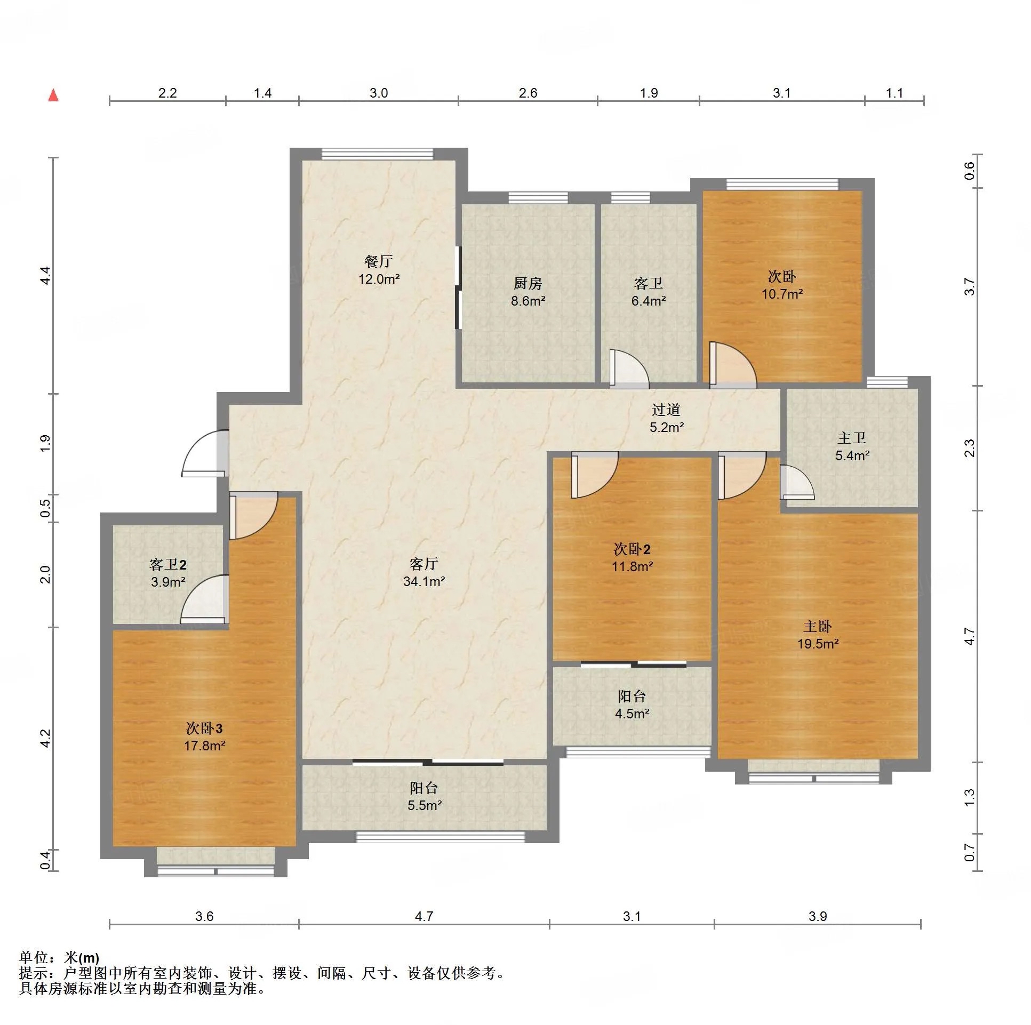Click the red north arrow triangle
pos(53,95)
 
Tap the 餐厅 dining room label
pos(378,261)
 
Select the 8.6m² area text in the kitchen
pos(528,301)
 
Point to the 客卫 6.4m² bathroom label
pos(649,292)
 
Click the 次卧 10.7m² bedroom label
pos(782,285)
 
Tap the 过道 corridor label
pos(666,410)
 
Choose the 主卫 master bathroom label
pos(852,438)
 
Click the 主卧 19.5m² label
pos(818,635)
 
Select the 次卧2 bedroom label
pos(632,549)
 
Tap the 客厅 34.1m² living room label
pos(424,573)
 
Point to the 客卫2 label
pos(167,565)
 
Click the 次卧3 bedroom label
pos(204,728)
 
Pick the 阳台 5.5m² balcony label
pos(424,797)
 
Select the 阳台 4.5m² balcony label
pos(632,705)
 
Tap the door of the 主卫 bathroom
pos(797,482)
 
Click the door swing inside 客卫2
pos(205,599)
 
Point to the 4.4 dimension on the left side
pos(45,275)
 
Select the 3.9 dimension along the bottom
pos(818,916)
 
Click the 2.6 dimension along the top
pos(528,93)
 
